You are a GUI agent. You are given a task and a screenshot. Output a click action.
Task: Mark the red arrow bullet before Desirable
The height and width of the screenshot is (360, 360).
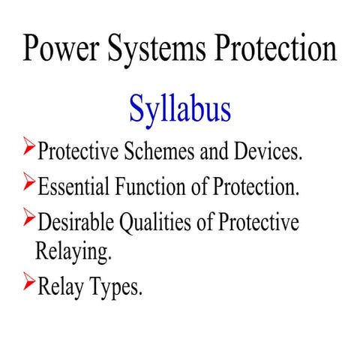[28, 217]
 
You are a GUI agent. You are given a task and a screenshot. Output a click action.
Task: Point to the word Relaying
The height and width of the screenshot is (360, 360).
[73, 251]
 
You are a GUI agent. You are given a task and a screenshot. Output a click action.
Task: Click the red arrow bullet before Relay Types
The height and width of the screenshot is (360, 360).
[28, 282]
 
